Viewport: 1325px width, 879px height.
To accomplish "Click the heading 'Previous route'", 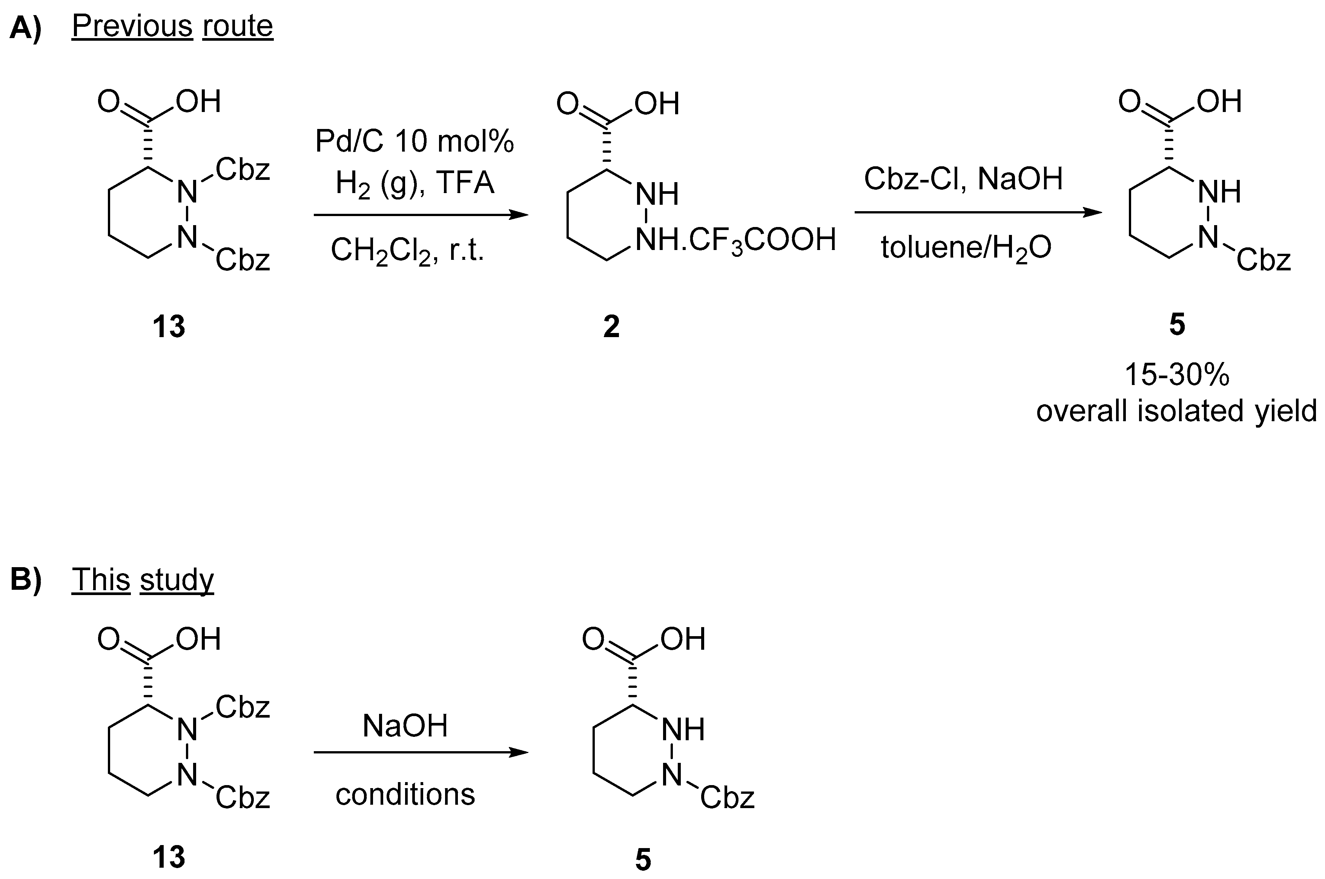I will [172, 26].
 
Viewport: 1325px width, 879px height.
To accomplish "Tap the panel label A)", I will [25, 27].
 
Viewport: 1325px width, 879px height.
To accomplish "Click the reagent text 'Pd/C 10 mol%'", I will [414, 141].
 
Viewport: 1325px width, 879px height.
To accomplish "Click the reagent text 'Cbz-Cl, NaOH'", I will [963, 179].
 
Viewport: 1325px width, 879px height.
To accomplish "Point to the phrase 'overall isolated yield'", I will [1176, 411].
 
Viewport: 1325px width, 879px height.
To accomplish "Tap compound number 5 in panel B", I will [643, 859].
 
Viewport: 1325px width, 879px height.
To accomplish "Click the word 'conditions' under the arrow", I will [405, 795].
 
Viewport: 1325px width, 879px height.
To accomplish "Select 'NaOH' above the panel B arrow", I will [405, 726].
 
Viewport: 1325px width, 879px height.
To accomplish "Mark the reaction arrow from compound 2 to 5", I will [978, 212].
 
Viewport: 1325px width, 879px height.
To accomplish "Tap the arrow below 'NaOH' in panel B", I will [421, 752].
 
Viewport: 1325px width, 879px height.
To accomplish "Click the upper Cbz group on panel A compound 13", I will [242, 169].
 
